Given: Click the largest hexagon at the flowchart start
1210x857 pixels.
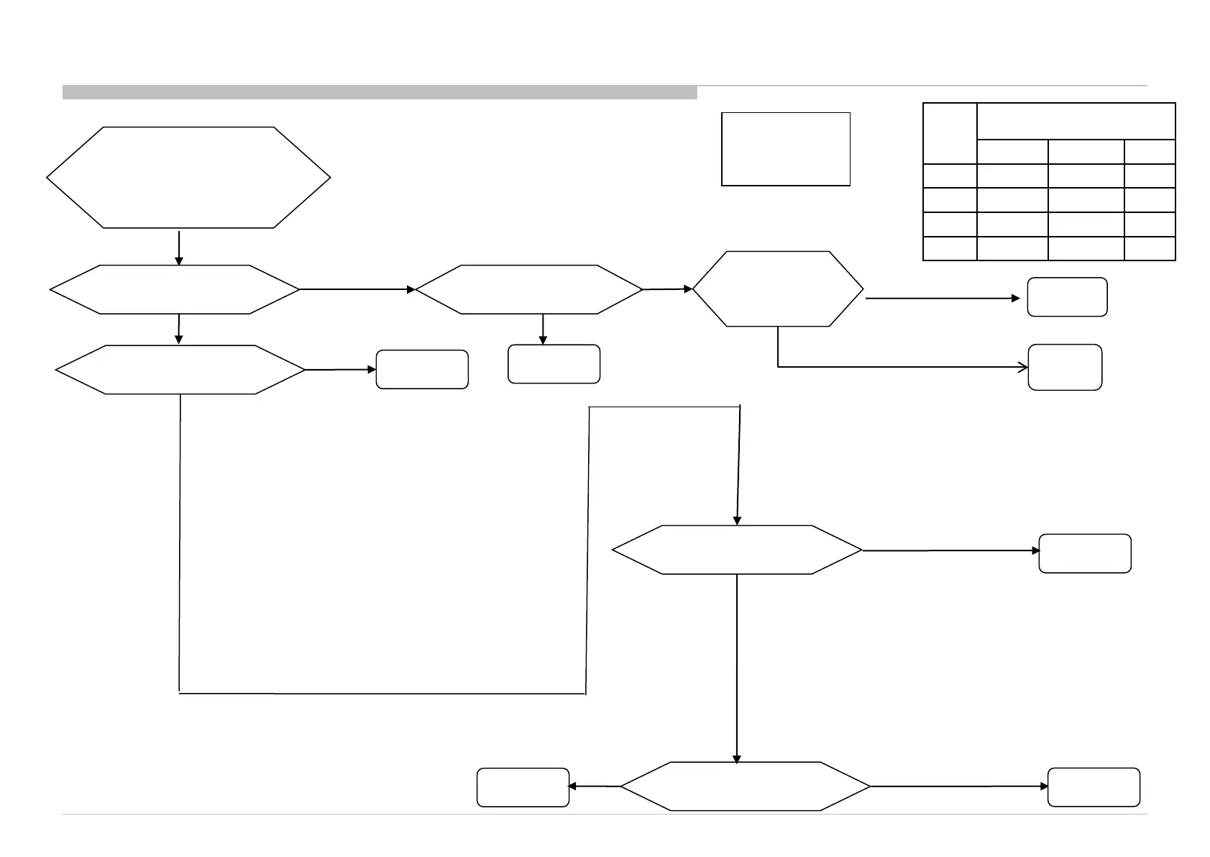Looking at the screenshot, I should pyautogui.click(x=188, y=177).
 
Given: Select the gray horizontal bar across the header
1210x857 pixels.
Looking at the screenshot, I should pyautogui.click(x=380, y=92).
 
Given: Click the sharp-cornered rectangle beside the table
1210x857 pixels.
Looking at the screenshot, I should pyautogui.click(x=785, y=149).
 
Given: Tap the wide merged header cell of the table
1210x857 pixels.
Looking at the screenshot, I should pyautogui.click(x=1076, y=121).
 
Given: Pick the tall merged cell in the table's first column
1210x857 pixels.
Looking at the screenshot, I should pyautogui.click(x=950, y=134).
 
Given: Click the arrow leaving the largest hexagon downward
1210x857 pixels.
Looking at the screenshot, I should pyautogui.click(x=179, y=248).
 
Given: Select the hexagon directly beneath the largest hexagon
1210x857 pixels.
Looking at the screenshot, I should pyautogui.click(x=175, y=289).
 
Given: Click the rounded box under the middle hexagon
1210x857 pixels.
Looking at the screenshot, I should pyautogui.click(x=554, y=364).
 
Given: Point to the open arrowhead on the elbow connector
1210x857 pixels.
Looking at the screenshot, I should pyautogui.click(x=1023, y=368).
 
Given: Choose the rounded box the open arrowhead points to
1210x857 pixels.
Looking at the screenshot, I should pyautogui.click(x=1065, y=368).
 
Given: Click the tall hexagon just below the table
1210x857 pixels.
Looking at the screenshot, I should pyautogui.click(x=778, y=289).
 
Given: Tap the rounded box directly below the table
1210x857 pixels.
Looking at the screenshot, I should pyautogui.click(x=1067, y=296).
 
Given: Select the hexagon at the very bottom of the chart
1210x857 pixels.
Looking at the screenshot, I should pyautogui.click(x=746, y=786).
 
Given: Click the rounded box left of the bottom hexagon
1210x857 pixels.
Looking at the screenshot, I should pyautogui.click(x=523, y=787).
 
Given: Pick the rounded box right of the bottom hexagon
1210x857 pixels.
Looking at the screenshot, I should pyautogui.click(x=1094, y=787).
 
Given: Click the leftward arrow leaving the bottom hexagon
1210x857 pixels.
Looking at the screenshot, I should pyautogui.click(x=595, y=786).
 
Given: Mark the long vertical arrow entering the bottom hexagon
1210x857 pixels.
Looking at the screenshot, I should pyautogui.click(x=737, y=669).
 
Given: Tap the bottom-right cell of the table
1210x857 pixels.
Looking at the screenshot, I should pyautogui.click(x=1150, y=248).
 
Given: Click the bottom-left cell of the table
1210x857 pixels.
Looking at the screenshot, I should pyautogui.click(x=950, y=248).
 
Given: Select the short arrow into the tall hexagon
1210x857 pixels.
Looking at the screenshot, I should pyautogui.click(x=668, y=289).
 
